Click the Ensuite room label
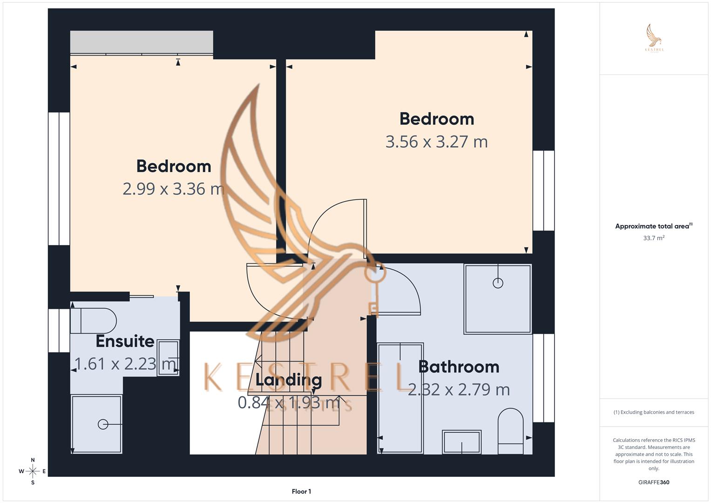point(125,341)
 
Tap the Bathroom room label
point(459,367)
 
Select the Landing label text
point(289,380)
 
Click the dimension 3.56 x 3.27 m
point(436,142)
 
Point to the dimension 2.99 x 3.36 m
point(173,189)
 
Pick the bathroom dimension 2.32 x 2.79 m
point(459,389)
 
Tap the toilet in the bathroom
point(510,430)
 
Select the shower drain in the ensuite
point(103,424)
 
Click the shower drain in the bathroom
point(498,283)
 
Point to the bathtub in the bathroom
point(400,398)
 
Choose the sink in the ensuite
point(168,358)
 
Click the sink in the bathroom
point(461,442)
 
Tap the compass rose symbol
point(33,471)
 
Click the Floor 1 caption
point(301,491)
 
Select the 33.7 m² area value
point(654,238)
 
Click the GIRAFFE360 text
point(654,483)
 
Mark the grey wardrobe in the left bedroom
point(142,42)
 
